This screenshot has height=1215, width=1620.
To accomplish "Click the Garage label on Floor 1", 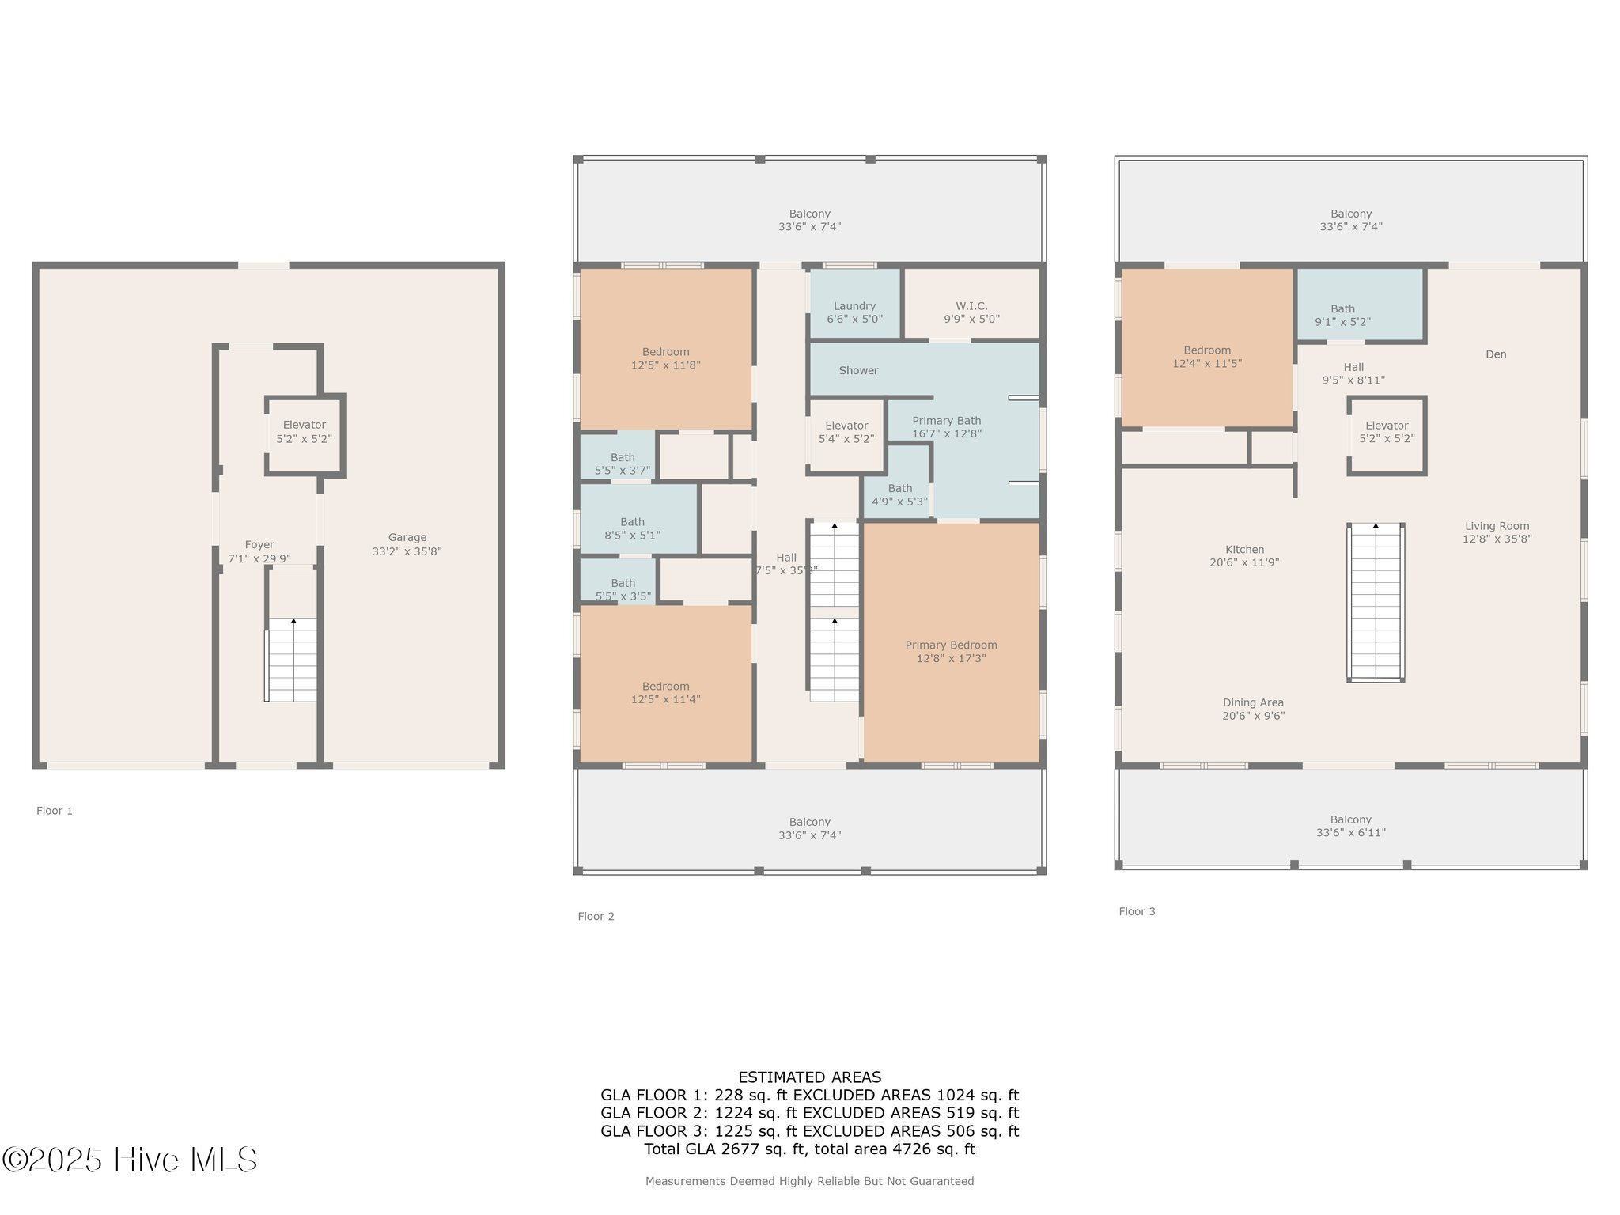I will (x=407, y=537).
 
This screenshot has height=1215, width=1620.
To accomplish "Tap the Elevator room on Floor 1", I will (x=304, y=432).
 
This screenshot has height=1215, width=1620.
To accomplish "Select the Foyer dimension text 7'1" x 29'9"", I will (x=259, y=558).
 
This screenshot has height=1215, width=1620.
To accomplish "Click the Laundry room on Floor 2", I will (x=854, y=312).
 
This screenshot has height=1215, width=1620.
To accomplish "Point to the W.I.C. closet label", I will (x=971, y=306).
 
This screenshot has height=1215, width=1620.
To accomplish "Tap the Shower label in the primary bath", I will (x=858, y=370).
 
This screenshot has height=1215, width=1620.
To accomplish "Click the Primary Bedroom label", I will (x=951, y=645).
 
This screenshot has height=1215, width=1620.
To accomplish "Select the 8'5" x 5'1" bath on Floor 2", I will (x=632, y=528).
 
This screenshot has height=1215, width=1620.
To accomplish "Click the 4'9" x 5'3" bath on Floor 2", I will (x=899, y=494).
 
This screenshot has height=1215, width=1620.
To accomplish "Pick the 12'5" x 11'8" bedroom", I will (x=665, y=358).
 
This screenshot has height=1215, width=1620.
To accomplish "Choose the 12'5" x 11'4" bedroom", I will (x=665, y=692).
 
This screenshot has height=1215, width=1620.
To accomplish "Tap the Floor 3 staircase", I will (x=1376, y=601).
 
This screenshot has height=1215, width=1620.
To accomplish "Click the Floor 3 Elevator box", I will (x=1387, y=432).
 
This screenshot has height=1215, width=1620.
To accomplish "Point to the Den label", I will (x=1496, y=354).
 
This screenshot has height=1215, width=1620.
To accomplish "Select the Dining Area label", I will (x=1253, y=702).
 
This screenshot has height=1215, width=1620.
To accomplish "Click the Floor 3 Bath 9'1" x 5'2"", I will (x=1342, y=315).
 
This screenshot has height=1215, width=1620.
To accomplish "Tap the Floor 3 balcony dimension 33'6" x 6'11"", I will (x=1350, y=832).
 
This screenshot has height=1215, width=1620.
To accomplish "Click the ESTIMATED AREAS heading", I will (x=809, y=1077).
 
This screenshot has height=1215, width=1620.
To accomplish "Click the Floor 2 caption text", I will (x=596, y=916).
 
